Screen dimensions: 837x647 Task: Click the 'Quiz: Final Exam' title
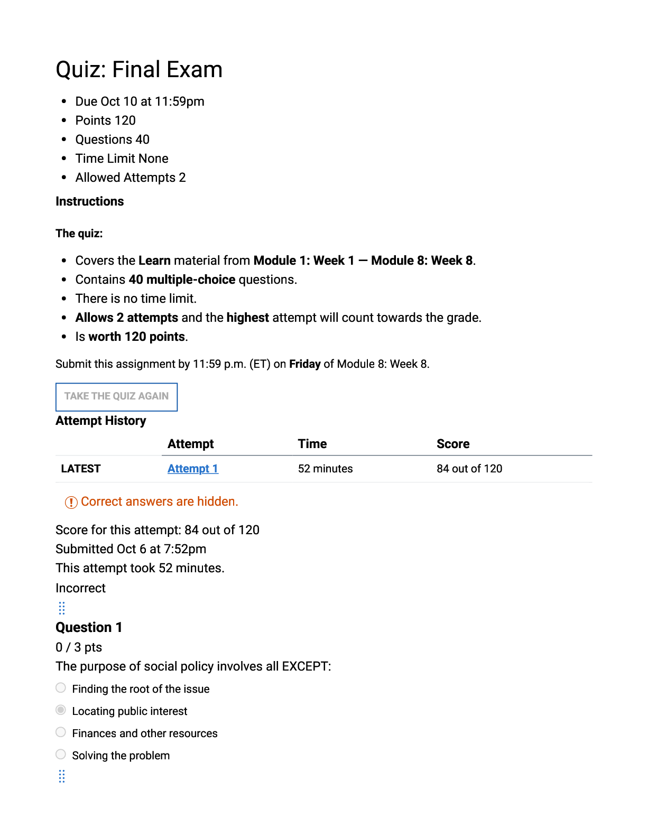pyautogui.click(x=139, y=70)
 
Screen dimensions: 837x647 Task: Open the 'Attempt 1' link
pyautogui.click(x=192, y=469)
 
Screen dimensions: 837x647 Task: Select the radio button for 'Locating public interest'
pyautogui.click(x=61, y=710)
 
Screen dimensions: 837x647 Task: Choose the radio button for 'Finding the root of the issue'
pyautogui.click(x=61, y=687)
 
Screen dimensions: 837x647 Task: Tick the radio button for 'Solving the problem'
pyautogui.click(x=61, y=754)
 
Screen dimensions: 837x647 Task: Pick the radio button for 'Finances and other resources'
pyautogui.click(x=61, y=732)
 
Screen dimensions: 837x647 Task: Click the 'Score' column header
pyautogui.click(x=453, y=444)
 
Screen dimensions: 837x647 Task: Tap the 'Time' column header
pyautogui.click(x=312, y=444)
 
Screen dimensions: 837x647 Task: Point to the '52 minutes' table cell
pyautogui.click(x=325, y=469)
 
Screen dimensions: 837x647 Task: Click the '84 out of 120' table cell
pyautogui.click(x=469, y=469)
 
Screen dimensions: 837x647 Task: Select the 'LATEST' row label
pyautogui.click(x=80, y=469)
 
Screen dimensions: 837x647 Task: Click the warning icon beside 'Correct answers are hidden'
pyautogui.click(x=71, y=502)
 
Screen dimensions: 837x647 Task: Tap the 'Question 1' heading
pyautogui.click(x=89, y=627)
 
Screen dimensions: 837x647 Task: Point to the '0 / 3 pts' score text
pyautogui.click(x=79, y=647)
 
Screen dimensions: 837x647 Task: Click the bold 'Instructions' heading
pyautogui.click(x=89, y=201)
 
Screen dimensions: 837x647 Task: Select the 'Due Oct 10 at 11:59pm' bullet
pyautogui.click(x=140, y=101)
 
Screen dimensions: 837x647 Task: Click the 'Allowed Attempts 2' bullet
pyautogui.click(x=130, y=178)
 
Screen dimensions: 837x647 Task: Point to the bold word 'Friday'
pyautogui.click(x=304, y=364)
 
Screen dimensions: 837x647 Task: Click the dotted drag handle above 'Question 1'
pyautogui.click(x=62, y=608)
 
